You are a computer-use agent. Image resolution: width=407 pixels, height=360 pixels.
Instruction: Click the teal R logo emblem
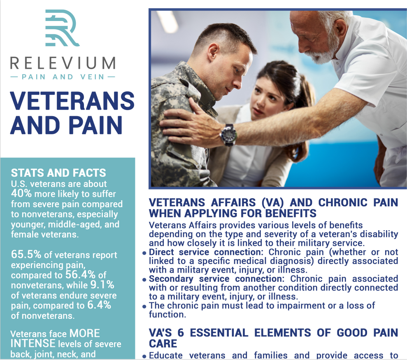62,28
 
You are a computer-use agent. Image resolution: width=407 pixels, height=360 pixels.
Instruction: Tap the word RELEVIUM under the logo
63,63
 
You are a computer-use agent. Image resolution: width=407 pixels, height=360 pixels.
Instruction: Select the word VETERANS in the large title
72,101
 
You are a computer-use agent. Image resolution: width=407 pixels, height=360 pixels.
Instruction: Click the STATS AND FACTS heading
58,173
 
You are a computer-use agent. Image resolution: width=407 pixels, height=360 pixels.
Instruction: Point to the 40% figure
21,194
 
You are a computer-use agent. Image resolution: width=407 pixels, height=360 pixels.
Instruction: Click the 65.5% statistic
26,254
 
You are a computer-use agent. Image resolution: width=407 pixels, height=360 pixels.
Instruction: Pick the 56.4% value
80,275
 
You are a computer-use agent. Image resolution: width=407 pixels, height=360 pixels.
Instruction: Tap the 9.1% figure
102,285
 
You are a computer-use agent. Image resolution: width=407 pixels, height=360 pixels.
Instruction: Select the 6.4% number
99,305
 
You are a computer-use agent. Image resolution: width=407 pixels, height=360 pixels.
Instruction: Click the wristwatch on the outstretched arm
228,135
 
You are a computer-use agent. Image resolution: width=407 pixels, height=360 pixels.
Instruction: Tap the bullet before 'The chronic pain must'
144,306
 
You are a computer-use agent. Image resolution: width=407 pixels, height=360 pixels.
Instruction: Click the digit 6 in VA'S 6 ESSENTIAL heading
181,333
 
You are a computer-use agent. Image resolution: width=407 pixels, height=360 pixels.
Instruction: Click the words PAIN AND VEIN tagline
63,77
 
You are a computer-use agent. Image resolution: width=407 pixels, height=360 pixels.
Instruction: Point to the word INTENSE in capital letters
33,344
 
